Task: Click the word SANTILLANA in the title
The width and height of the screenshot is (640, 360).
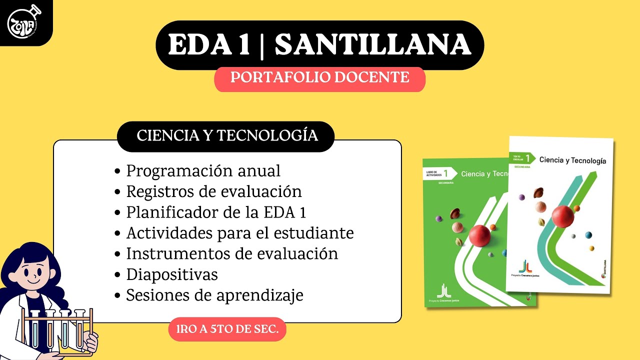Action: point(372,45)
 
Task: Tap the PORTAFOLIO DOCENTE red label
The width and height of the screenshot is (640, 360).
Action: point(319,78)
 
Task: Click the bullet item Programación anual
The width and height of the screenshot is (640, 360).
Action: point(203,171)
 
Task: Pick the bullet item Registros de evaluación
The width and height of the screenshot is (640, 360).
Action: point(214,191)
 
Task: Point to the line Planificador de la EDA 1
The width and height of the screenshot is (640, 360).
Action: point(216,212)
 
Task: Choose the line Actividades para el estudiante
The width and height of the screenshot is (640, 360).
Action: point(240,233)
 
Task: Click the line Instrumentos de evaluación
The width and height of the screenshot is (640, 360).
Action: point(232,253)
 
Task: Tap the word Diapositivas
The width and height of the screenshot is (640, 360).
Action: point(172,274)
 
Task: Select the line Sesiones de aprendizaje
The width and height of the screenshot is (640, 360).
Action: point(214,295)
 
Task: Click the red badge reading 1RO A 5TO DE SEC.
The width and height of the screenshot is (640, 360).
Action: point(227,329)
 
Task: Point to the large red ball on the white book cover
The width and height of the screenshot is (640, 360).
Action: point(562,216)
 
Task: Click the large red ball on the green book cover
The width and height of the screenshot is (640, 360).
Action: point(479,235)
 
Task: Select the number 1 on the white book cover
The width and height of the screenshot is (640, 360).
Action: point(527,158)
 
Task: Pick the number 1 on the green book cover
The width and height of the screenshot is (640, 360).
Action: point(446,173)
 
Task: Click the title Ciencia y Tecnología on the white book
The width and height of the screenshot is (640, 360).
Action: point(572,160)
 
